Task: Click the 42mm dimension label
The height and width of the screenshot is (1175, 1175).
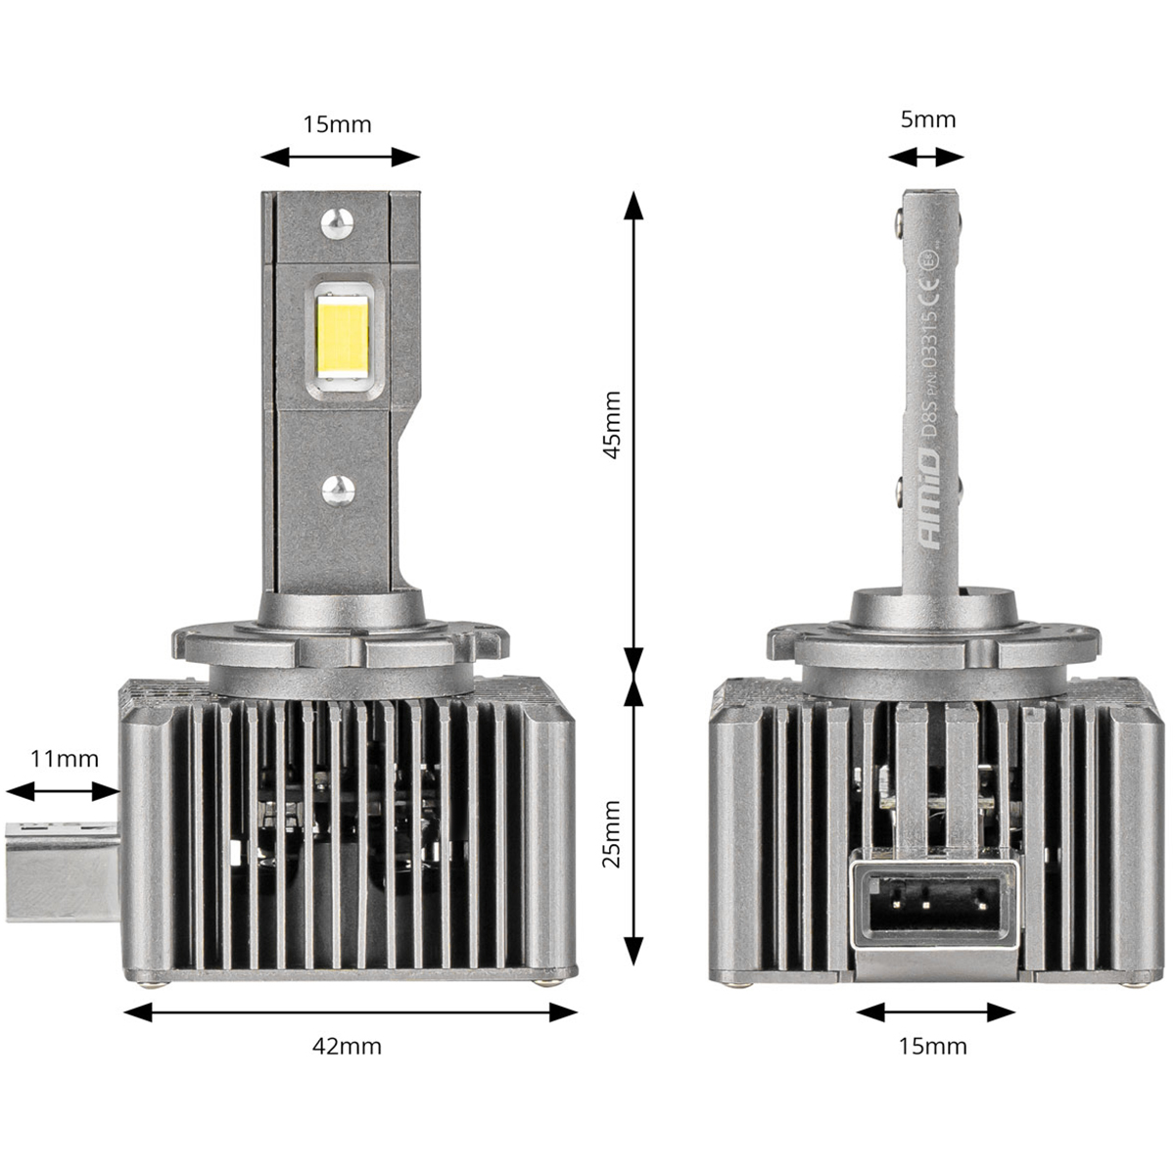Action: click(346, 1046)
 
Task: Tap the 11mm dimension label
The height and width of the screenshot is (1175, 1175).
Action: click(65, 758)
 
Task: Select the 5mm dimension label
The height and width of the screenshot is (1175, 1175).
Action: click(927, 119)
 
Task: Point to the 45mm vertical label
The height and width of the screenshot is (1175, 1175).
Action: click(612, 425)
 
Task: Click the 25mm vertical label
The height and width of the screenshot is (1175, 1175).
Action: click(612, 833)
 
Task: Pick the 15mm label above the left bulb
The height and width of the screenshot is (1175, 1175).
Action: click(338, 124)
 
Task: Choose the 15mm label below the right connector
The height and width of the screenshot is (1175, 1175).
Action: click(932, 1046)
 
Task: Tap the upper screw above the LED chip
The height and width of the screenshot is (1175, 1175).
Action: click(336, 223)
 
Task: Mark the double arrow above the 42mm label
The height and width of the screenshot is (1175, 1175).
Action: click(351, 1012)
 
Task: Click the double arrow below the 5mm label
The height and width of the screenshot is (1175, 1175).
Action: click(926, 157)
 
